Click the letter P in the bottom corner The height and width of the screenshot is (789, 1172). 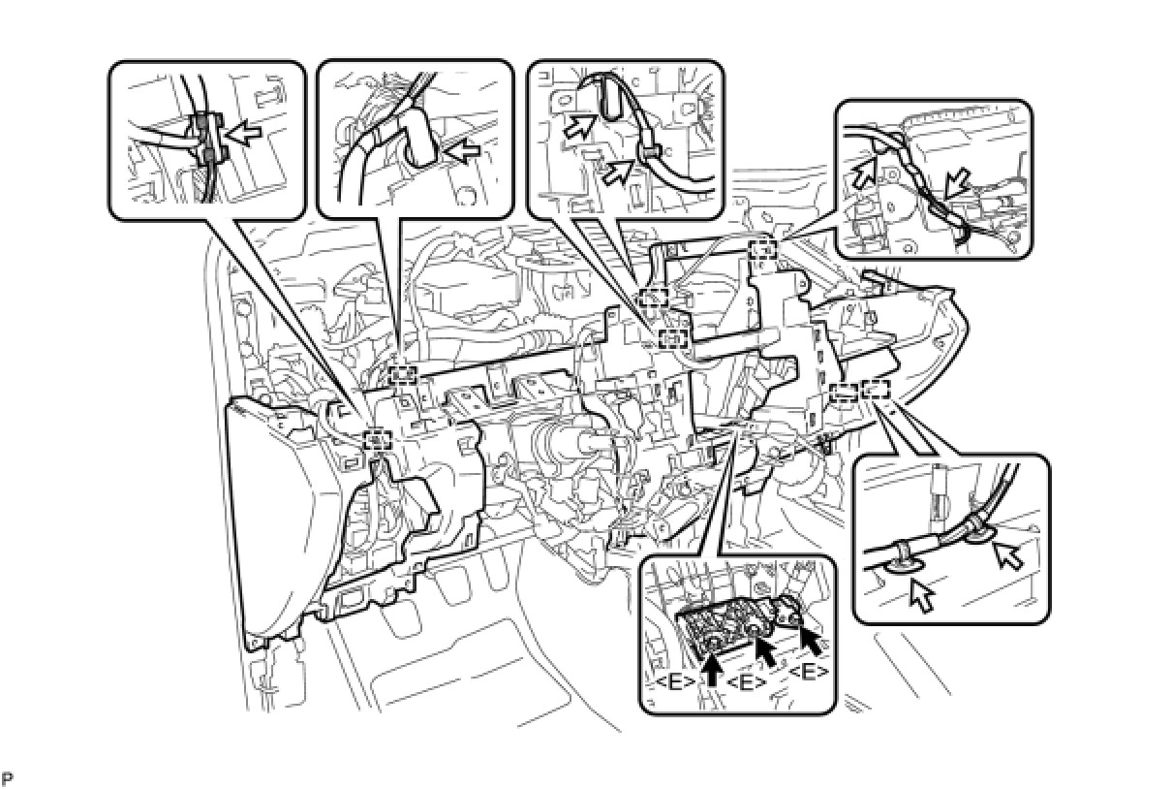[x=7, y=778]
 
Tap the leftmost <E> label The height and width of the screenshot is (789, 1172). [x=675, y=682]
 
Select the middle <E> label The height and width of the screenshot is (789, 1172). [x=747, y=682]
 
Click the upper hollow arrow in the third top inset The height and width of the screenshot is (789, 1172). [x=581, y=127]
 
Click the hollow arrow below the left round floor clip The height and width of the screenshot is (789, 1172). [x=921, y=595]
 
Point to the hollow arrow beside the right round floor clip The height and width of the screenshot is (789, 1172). [x=1008, y=556]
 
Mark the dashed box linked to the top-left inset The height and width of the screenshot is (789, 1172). [x=378, y=440]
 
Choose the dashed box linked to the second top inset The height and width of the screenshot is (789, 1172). [x=403, y=375]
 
